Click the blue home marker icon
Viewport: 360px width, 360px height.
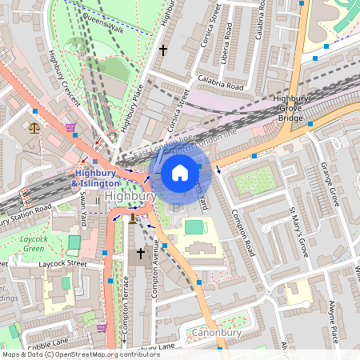tap(180, 173)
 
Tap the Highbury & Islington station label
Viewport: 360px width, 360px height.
tap(96, 178)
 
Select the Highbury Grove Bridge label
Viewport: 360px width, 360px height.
tap(290, 109)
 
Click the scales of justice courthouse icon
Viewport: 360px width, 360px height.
tap(34, 127)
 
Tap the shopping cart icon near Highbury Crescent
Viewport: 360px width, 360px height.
tap(70, 126)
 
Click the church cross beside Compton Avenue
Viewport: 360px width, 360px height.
tap(141, 254)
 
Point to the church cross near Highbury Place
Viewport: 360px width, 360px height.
tap(163, 50)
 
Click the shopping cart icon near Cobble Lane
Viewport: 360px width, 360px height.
tap(102, 327)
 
